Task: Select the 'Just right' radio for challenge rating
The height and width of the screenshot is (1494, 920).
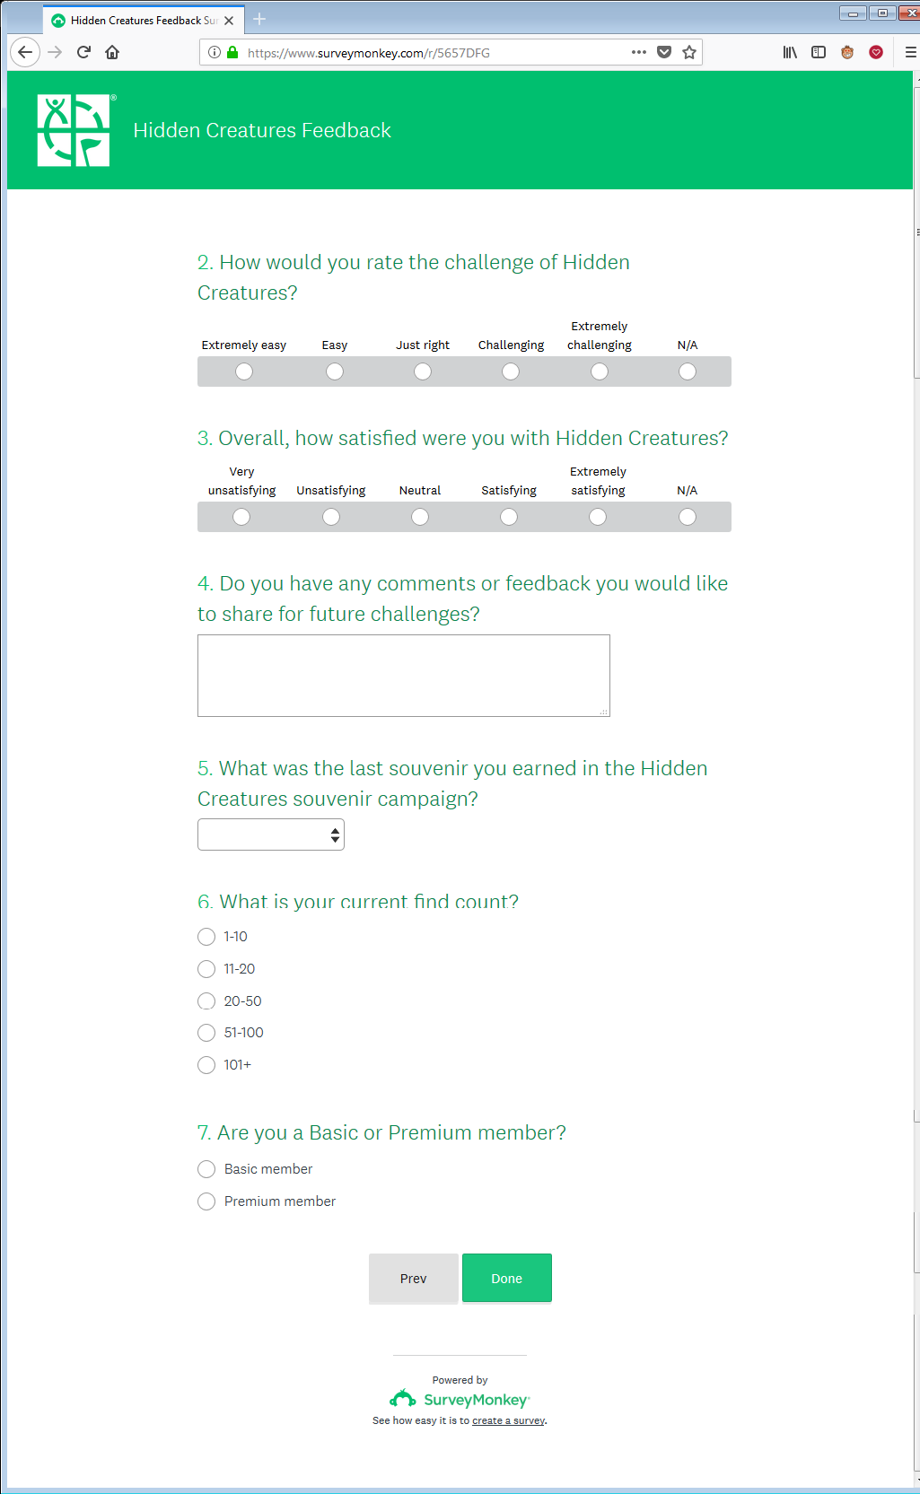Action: (x=423, y=371)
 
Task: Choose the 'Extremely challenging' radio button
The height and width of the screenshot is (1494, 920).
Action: (x=600, y=371)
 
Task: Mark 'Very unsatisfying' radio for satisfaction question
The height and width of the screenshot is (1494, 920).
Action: (x=241, y=517)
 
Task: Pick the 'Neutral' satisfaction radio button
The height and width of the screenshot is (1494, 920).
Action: (x=420, y=517)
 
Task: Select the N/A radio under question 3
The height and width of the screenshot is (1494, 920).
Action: (x=688, y=517)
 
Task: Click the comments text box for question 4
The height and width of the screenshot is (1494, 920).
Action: (x=404, y=676)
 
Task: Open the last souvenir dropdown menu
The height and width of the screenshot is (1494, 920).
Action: (x=271, y=834)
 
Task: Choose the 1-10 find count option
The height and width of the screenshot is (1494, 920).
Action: (x=206, y=937)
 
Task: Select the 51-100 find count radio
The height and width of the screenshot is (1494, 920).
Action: (x=206, y=1033)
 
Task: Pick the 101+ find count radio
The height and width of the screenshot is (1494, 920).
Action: (x=206, y=1065)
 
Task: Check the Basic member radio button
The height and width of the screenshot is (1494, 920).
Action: (x=206, y=1169)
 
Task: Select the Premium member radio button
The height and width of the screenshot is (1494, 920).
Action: (x=206, y=1201)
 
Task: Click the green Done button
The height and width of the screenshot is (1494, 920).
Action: (x=506, y=1278)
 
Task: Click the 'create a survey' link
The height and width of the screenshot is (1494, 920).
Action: (x=508, y=1420)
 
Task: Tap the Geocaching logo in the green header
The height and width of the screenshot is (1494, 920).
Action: (x=74, y=131)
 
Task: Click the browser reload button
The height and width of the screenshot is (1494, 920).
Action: (x=83, y=52)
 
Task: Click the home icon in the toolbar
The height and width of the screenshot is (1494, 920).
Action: (x=112, y=52)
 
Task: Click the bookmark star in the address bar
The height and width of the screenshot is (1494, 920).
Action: (x=689, y=52)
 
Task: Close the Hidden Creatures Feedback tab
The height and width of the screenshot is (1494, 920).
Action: (x=229, y=20)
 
